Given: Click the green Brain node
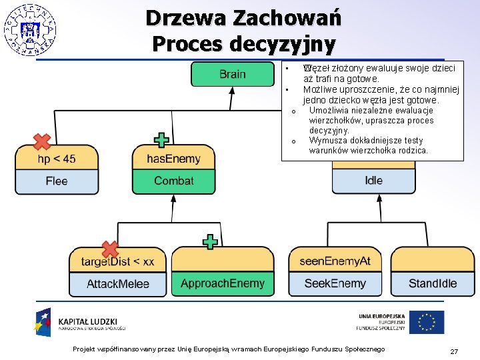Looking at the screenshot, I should [x=232, y=74].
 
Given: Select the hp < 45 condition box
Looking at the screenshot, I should [x=57, y=159].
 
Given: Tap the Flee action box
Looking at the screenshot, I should [x=57, y=181].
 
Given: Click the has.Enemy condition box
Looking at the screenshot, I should [x=173, y=159].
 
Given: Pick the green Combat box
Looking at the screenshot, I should [x=173, y=181].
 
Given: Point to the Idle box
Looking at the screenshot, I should [x=373, y=181].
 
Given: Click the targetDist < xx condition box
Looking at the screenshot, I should [x=118, y=261].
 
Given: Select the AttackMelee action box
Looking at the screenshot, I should [x=118, y=284].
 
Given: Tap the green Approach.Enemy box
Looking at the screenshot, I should [x=223, y=283].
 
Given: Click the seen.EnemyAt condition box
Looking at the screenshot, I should [x=335, y=261].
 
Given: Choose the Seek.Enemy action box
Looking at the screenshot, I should [x=335, y=283].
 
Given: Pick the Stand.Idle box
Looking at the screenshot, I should [x=433, y=283].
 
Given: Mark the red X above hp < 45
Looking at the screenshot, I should [x=42, y=141].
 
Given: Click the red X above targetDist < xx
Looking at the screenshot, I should [x=109, y=249].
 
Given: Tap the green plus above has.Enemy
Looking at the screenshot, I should [x=161, y=140].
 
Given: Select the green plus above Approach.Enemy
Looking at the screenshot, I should [x=210, y=241].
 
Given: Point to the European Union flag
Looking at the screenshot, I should [x=426, y=322].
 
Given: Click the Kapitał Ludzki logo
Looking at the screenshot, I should [x=80, y=322].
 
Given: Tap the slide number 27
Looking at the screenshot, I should [x=454, y=351].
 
